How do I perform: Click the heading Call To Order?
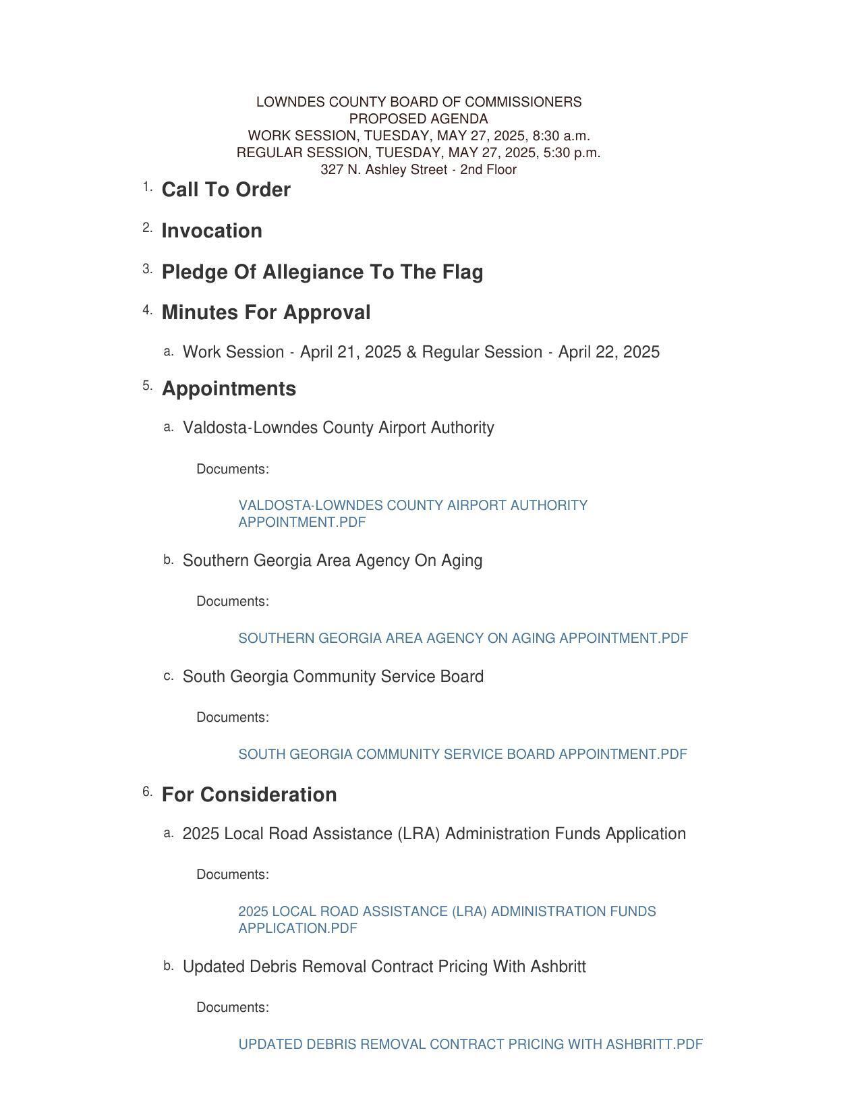tap(226, 190)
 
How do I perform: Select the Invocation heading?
tap(212, 231)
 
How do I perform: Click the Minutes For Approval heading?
tap(266, 313)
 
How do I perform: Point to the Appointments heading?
tap(229, 389)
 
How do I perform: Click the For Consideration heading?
tap(249, 795)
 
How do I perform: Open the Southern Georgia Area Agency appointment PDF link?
tap(463, 638)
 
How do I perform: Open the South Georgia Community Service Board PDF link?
tap(463, 754)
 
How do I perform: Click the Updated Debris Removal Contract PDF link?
tap(470, 1044)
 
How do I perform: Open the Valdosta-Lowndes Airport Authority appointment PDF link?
tap(412, 506)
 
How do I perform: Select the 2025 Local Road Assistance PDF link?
tap(447, 912)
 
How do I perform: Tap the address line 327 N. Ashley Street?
tap(418, 170)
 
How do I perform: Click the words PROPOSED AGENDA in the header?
tap(418, 119)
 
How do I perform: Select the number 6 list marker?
tap(147, 792)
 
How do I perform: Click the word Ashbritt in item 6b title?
tap(558, 967)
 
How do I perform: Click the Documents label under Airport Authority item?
tap(233, 469)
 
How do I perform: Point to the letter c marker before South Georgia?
tap(169, 676)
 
